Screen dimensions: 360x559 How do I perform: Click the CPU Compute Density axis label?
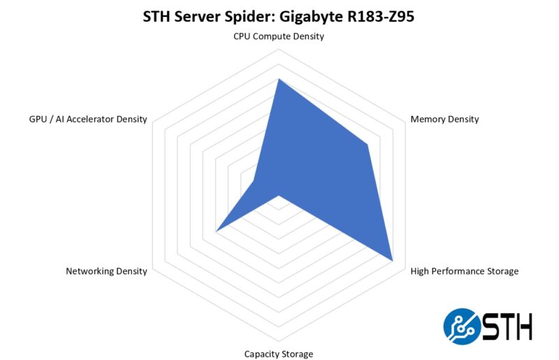(x=279, y=36)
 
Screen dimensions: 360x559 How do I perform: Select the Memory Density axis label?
(x=444, y=119)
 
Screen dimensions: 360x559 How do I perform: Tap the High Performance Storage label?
(x=464, y=271)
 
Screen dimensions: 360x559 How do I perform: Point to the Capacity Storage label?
(x=279, y=354)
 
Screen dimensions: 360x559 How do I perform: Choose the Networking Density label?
(x=106, y=271)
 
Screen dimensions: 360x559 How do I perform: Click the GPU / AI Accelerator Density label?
(x=88, y=119)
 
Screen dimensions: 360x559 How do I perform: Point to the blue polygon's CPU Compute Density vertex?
(x=279, y=79)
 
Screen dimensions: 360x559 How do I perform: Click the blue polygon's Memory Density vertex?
(x=367, y=145)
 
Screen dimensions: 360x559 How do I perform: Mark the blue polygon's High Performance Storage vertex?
(x=393, y=261)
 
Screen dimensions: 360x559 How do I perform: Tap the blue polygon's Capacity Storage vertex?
(x=279, y=196)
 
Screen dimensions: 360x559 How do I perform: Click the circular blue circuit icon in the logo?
(x=461, y=326)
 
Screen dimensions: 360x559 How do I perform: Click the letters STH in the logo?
(x=507, y=326)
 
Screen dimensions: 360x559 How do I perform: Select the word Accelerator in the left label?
(x=94, y=119)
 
